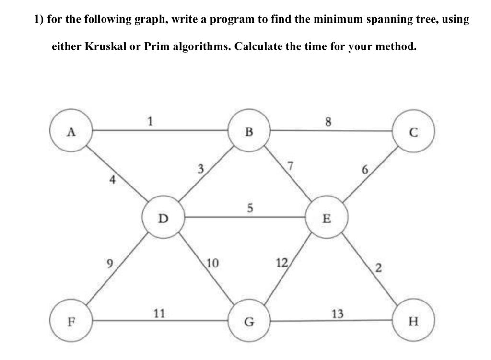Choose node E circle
coord(327,219)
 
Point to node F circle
coord(71,320)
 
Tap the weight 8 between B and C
coord(328,121)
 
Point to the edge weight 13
coord(338,314)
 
